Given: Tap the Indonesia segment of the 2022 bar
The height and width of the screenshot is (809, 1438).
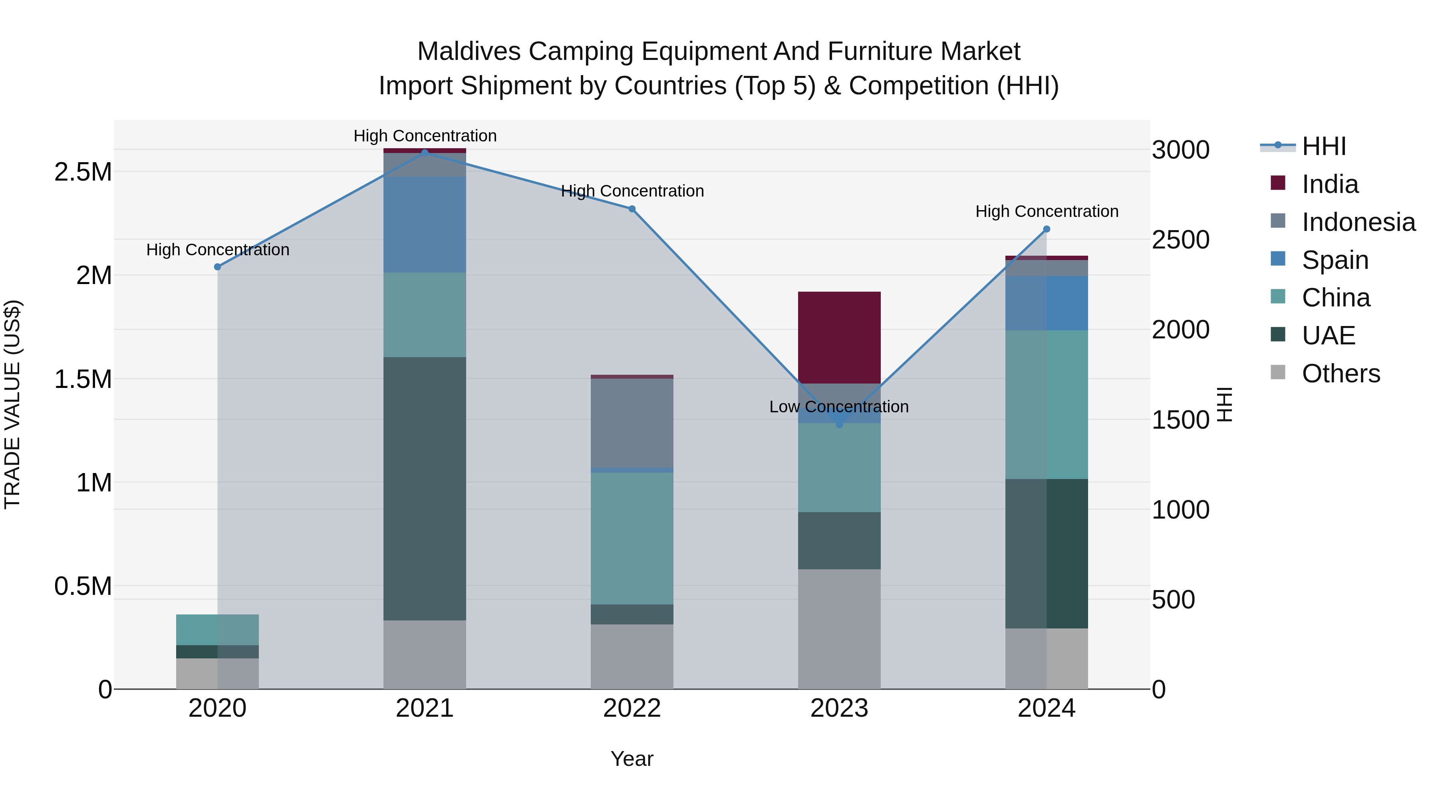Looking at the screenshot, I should (x=632, y=423).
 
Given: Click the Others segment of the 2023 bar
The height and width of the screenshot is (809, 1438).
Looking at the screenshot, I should (x=839, y=629).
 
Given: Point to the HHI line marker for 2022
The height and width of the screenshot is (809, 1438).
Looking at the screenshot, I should (x=632, y=209).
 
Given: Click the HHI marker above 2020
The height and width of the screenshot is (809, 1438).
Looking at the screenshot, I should (x=218, y=267).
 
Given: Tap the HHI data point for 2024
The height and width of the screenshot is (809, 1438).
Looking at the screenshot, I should (x=1047, y=229).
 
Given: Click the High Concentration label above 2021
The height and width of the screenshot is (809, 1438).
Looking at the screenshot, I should (x=425, y=136).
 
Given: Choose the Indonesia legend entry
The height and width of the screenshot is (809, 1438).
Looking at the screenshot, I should (x=1358, y=222).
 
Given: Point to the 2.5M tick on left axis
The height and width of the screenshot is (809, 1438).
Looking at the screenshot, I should (x=83, y=172).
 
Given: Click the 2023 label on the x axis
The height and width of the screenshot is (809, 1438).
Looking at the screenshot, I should (x=839, y=708).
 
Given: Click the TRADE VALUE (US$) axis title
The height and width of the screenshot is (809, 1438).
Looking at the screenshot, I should (x=12, y=404).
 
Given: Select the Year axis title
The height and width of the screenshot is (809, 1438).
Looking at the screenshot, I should (x=632, y=759).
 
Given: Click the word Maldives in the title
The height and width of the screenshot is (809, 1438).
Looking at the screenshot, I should (x=469, y=52).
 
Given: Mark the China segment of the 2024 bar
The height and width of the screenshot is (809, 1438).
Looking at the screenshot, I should (x=1047, y=404).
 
